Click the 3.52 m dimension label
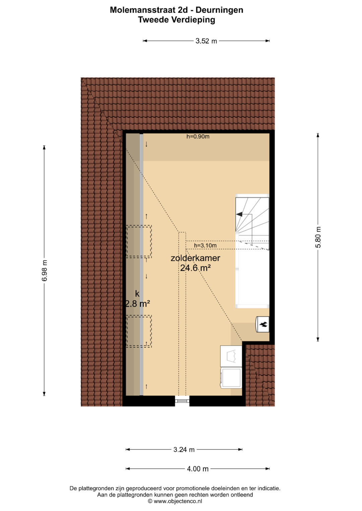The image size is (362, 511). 206,41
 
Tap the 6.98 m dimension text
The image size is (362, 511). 44,270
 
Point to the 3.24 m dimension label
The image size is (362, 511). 184,450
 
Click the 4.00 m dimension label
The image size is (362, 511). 198,469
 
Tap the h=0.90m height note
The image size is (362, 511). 198,137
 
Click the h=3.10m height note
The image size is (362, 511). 205,246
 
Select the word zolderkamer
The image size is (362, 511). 195,258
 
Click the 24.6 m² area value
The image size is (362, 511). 195,268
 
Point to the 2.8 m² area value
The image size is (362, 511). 138,304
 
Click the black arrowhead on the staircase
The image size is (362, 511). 239,214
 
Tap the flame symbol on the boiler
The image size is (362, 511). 263,324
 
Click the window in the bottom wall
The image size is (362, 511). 182,401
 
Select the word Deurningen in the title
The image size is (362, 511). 220,10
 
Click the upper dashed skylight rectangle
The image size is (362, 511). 139,242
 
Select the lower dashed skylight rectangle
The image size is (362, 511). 139,332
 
